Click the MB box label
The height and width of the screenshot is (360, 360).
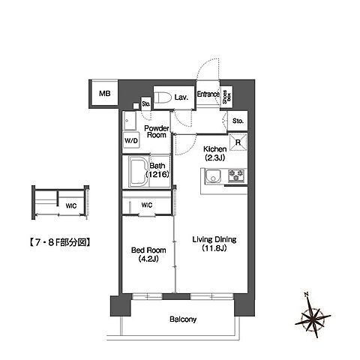click(105, 94)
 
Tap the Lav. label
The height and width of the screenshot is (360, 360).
click(181, 97)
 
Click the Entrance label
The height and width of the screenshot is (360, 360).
click(208, 94)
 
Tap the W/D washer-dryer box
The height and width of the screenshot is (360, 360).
click(130, 140)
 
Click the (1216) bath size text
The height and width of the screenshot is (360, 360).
click(159, 175)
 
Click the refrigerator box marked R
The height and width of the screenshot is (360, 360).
click(238, 142)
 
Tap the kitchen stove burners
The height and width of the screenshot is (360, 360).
click(237, 177)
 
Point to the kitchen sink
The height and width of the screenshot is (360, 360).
click(211, 177)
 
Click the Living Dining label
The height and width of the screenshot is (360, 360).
click(214, 240)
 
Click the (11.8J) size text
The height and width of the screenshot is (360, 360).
click(214, 250)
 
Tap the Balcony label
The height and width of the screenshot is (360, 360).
click(182, 319)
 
